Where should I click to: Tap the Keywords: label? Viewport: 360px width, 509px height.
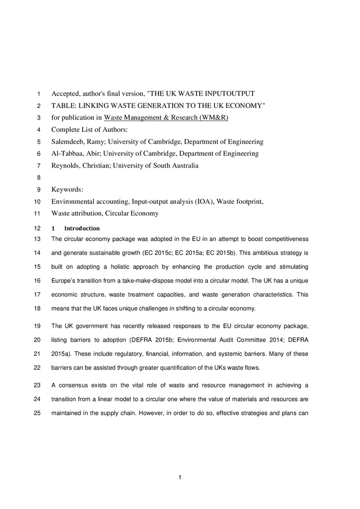67,189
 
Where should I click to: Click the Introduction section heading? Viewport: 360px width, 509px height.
82,229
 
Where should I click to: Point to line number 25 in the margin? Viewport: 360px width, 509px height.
36,413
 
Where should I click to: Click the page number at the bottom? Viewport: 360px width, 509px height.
180,477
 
